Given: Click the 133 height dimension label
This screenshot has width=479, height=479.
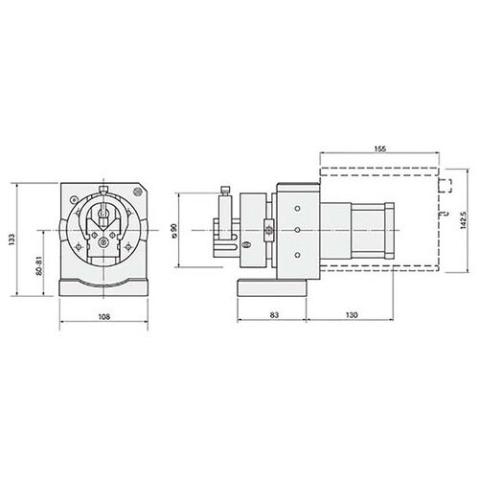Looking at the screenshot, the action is (x=12, y=239).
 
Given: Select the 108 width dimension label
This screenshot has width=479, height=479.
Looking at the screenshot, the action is (x=104, y=317).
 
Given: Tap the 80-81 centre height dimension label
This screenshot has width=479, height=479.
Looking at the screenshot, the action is (x=39, y=266).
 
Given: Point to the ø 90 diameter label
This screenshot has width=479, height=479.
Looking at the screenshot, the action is (x=174, y=231).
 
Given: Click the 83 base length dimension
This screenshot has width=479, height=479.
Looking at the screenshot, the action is (x=274, y=315).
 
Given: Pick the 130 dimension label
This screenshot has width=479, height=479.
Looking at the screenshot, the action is (x=352, y=315).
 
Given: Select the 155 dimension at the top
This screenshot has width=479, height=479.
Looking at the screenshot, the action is (x=380, y=148).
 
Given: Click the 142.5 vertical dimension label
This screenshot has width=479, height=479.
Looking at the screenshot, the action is (x=464, y=220).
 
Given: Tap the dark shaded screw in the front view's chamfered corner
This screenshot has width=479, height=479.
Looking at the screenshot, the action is (x=137, y=192).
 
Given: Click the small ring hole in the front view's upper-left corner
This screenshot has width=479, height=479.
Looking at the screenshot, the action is (x=74, y=199).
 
